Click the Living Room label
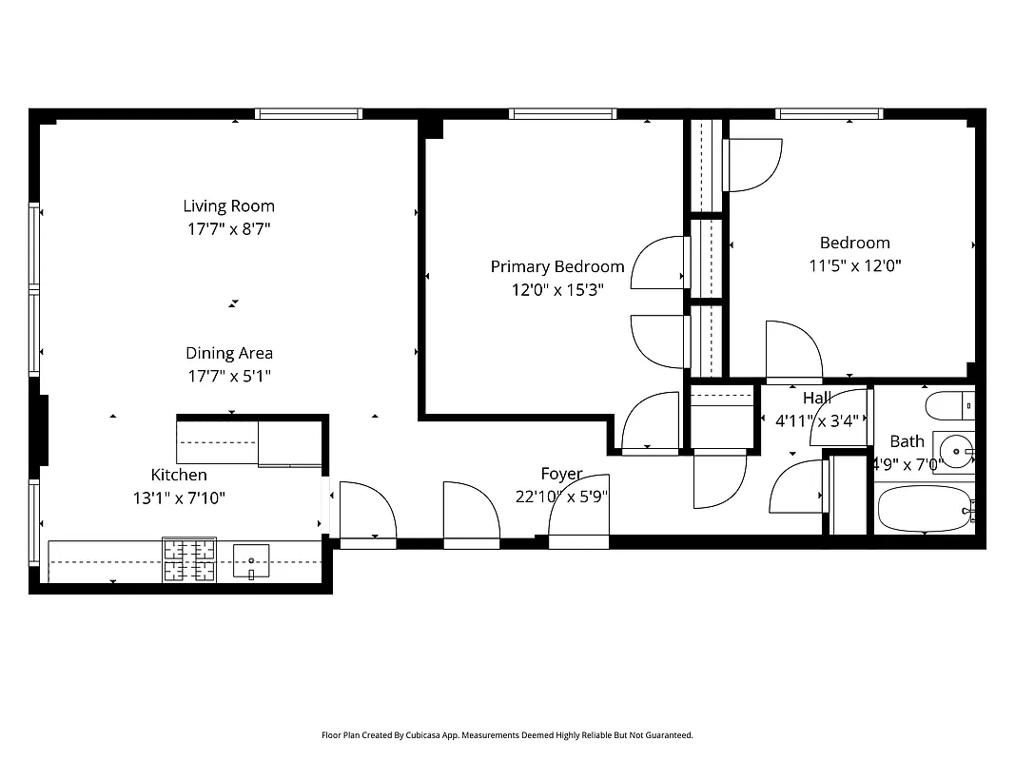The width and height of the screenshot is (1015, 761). (x=228, y=205)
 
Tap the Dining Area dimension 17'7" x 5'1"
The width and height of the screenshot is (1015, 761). (x=228, y=376)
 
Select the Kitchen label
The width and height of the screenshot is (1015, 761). (x=179, y=475)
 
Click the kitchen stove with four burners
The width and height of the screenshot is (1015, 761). (x=189, y=559)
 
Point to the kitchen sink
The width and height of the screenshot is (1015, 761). (x=251, y=560)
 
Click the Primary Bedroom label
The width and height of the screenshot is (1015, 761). (x=557, y=266)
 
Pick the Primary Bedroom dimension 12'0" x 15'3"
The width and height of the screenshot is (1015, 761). (x=557, y=289)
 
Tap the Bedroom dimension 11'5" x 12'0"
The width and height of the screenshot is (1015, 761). (x=854, y=265)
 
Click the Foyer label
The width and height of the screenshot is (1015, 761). (x=561, y=474)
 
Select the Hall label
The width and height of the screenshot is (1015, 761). (x=816, y=398)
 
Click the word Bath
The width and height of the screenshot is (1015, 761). (x=907, y=441)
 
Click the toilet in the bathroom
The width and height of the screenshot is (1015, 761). (x=949, y=405)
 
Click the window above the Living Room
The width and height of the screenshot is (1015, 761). (x=308, y=114)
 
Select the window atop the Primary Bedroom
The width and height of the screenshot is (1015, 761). (x=562, y=114)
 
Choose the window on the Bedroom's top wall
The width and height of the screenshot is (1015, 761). (x=829, y=114)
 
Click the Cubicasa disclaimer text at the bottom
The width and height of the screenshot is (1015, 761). (x=507, y=735)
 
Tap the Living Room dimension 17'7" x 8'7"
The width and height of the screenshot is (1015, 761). (x=228, y=228)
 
